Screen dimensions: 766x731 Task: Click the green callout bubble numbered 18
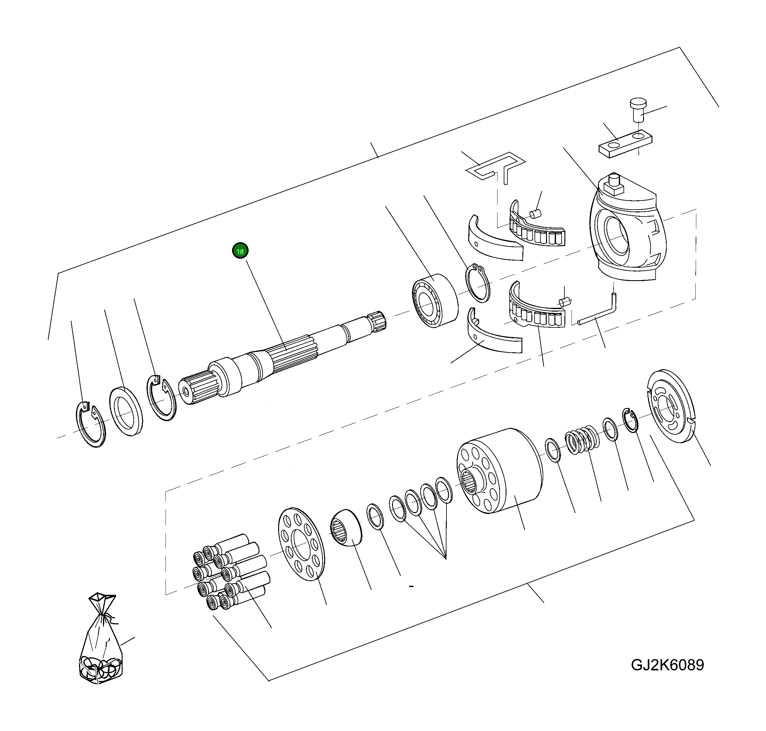coord(240,251)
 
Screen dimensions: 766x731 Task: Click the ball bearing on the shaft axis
coord(435,300)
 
